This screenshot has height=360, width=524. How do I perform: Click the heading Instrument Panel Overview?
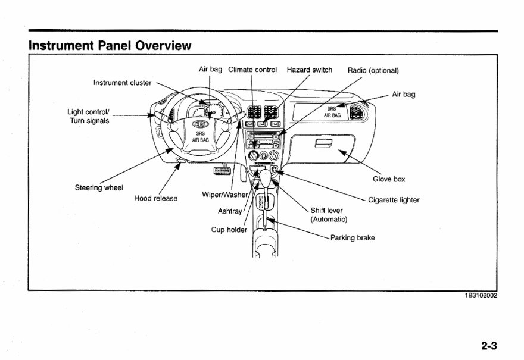(x=110, y=45)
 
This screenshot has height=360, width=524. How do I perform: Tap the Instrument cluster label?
(x=122, y=83)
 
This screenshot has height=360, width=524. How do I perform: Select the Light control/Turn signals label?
(x=88, y=117)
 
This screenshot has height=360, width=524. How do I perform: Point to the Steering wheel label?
(x=99, y=188)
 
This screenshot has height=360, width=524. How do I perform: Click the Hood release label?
(x=155, y=198)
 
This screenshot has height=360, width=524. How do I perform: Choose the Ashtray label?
(x=231, y=211)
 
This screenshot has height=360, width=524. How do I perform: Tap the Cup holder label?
(x=229, y=230)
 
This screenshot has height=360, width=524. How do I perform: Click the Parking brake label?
(x=353, y=237)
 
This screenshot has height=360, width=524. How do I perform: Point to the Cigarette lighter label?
(x=394, y=200)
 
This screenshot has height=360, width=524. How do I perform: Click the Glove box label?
(x=389, y=179)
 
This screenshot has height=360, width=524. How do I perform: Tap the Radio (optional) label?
(x=373, y=70)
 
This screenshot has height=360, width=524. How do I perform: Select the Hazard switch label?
(x=310, y=70)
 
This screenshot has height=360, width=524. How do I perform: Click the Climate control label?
(x=252, y=70)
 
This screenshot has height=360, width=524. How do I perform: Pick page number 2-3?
(x=489, y=345)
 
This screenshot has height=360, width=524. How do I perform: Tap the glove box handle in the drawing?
(x=323, y=143)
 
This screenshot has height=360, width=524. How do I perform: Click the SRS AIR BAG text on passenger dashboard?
(x=332, y=112)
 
